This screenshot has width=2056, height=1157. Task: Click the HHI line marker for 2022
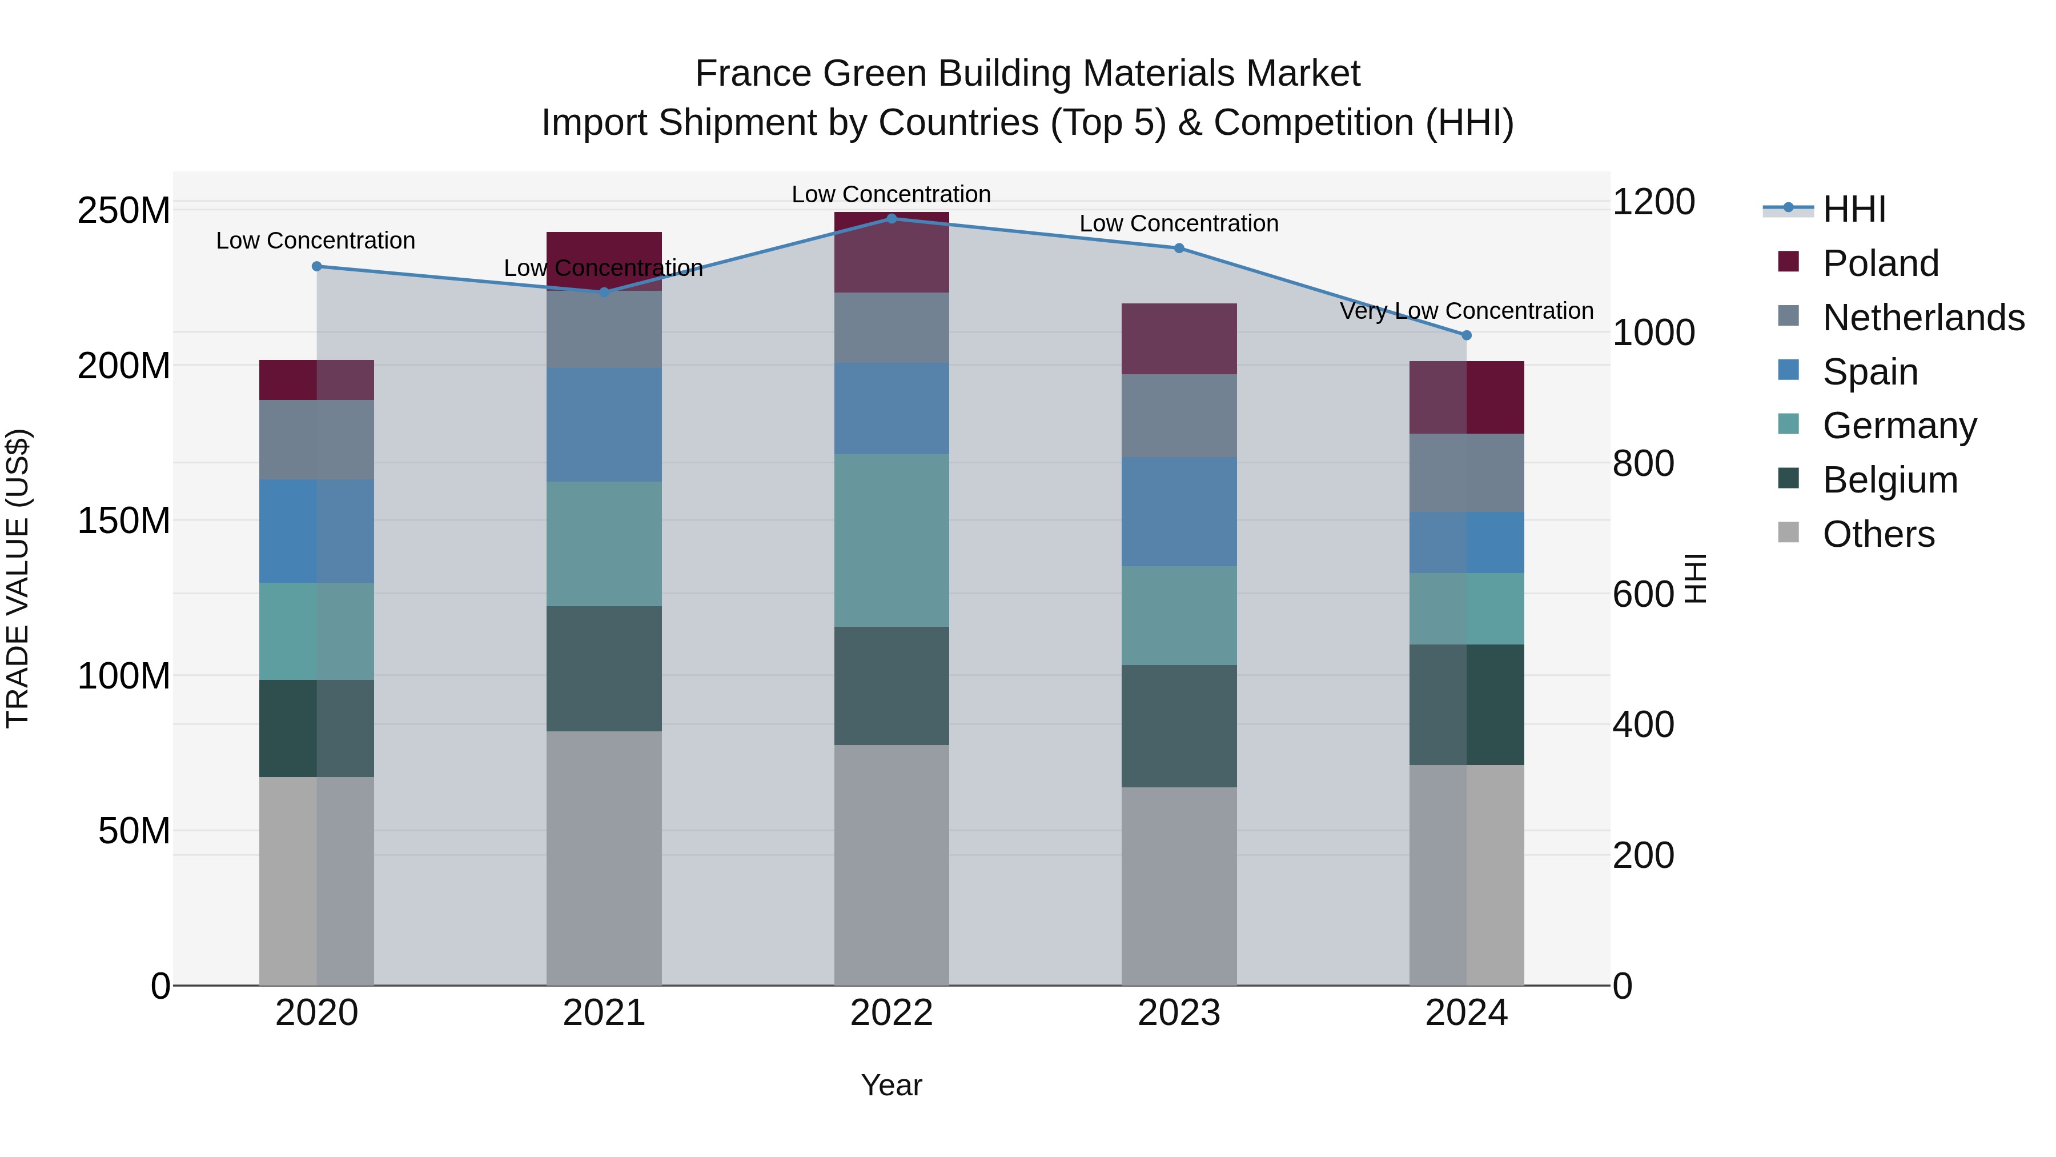point(892,218)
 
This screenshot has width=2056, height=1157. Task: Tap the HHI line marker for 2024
point(1466,335)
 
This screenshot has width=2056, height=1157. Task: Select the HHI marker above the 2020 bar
point(317,267)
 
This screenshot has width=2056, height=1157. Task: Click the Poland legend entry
point(1880,263)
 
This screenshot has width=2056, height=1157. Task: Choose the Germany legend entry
point(1899,426)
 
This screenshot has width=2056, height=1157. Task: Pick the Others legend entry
point(1878,534)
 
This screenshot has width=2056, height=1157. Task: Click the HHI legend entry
point(1853,209)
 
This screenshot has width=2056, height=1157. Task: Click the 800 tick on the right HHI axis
point(1643,464)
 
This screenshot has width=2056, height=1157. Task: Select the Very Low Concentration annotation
point(1466,311)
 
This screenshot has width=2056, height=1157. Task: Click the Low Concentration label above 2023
point(1179,223)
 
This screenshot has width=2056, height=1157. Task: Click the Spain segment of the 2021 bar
point(604,425)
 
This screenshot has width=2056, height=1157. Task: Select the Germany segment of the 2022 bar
point(892,541)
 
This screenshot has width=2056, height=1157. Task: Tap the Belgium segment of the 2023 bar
point(1179,726)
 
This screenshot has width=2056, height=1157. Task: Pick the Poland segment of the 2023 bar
point(1179,339)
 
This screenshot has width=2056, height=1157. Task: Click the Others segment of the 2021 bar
point(604,858)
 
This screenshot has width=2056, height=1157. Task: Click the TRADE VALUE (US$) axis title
point(18,578)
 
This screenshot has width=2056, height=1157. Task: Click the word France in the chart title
point(753,74)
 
